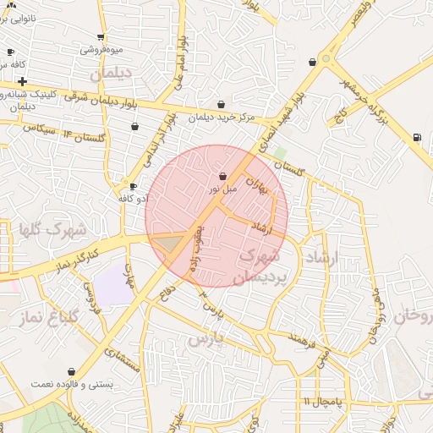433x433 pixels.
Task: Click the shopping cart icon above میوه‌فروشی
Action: pyautogui.click(x=101, y=37)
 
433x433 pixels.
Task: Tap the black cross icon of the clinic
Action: pyautogui.click(x=22, y=80)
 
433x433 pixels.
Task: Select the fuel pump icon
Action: pyautogui.click(x=416, y=137)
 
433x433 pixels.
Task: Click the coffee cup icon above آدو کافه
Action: pyautogui.click(x=133, y=186)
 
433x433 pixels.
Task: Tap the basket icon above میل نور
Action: pyautogui.click(x=222, y=177)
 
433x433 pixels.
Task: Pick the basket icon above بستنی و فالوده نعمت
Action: pyautogui.click(x=71, y=370)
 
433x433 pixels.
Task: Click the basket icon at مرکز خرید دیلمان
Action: pyautogui.click(x=221, y=105)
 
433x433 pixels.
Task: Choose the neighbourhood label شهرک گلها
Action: pyautogui.click(x=52, y=229)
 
